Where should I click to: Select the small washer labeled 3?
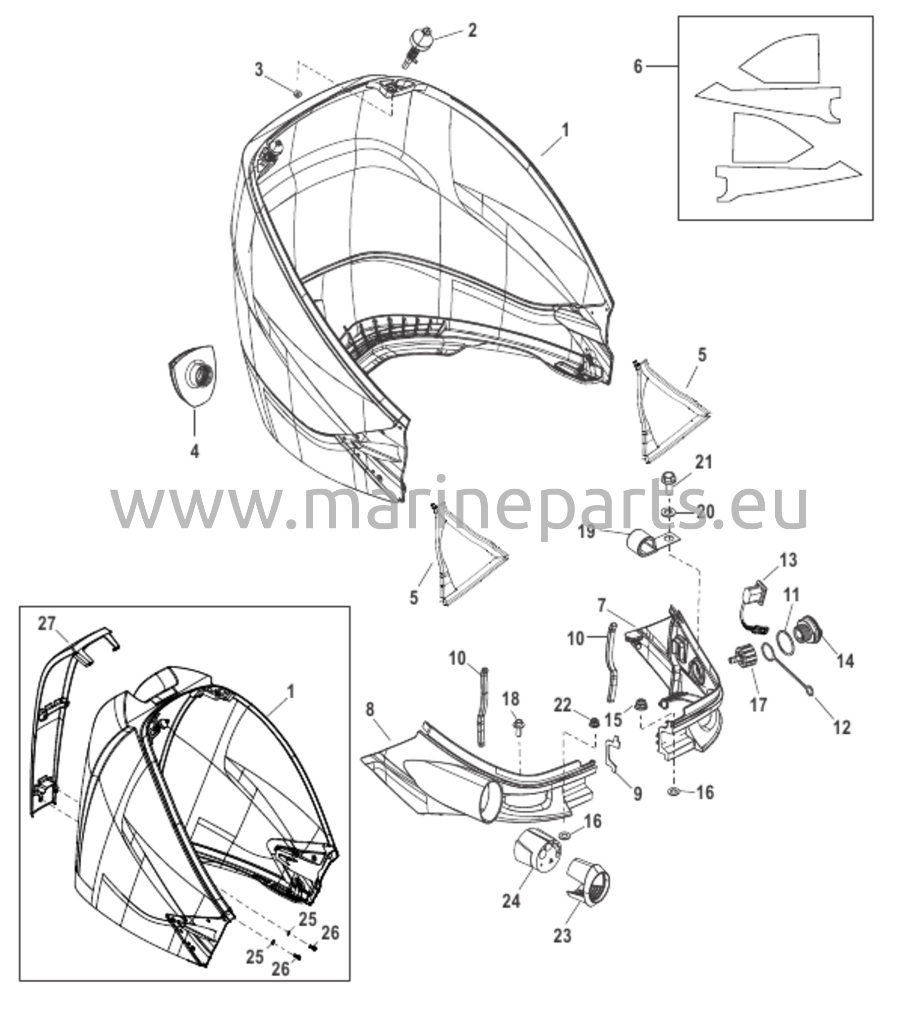tap(297, 92)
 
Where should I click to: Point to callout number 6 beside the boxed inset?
tap(637, 66)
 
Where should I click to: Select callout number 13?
tap(789, 560)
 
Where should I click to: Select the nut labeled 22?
tap(593, 722)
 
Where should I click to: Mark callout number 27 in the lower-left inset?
tap(47, 624)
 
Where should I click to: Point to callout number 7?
tap(602, 605)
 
